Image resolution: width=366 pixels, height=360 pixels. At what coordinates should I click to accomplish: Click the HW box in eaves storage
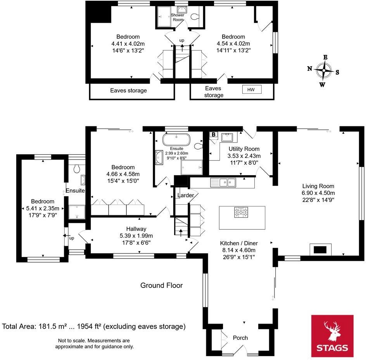pyautogui.click(x=252, y=90)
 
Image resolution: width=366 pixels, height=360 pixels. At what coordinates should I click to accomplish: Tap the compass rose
pyautogui.click(x=323, y=71)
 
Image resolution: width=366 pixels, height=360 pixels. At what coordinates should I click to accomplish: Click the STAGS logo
pyautogui.click(x=332, y=335)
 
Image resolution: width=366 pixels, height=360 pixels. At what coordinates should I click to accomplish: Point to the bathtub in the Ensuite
pyautogui.click(x=176, y=139)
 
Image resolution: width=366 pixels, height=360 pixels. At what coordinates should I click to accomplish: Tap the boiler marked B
pyautogui.click(x=213, y=134)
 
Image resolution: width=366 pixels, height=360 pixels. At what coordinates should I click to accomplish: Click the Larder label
pyautogui.click(x=185, y=195)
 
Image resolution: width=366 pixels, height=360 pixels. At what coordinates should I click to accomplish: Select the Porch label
pyautogui.click(x=240, y=338)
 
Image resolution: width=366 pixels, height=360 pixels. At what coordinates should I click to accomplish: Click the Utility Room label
pyautogui.click(x=244, y=149)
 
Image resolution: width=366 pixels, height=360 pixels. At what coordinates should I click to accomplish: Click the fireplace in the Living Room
pyautogui.click(x=320, y=249)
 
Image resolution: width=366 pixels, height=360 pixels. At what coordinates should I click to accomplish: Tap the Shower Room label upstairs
pyautogui.click(x=178, y=17)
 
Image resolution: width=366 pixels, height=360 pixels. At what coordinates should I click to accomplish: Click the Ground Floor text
pyautogui.click(x=161, y=286)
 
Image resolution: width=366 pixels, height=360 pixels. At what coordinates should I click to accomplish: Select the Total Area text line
pyautogui.click(x=94, y=326)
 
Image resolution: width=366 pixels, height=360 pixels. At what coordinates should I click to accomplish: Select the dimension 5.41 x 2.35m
pyautogui.click(x=43, y=208)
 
